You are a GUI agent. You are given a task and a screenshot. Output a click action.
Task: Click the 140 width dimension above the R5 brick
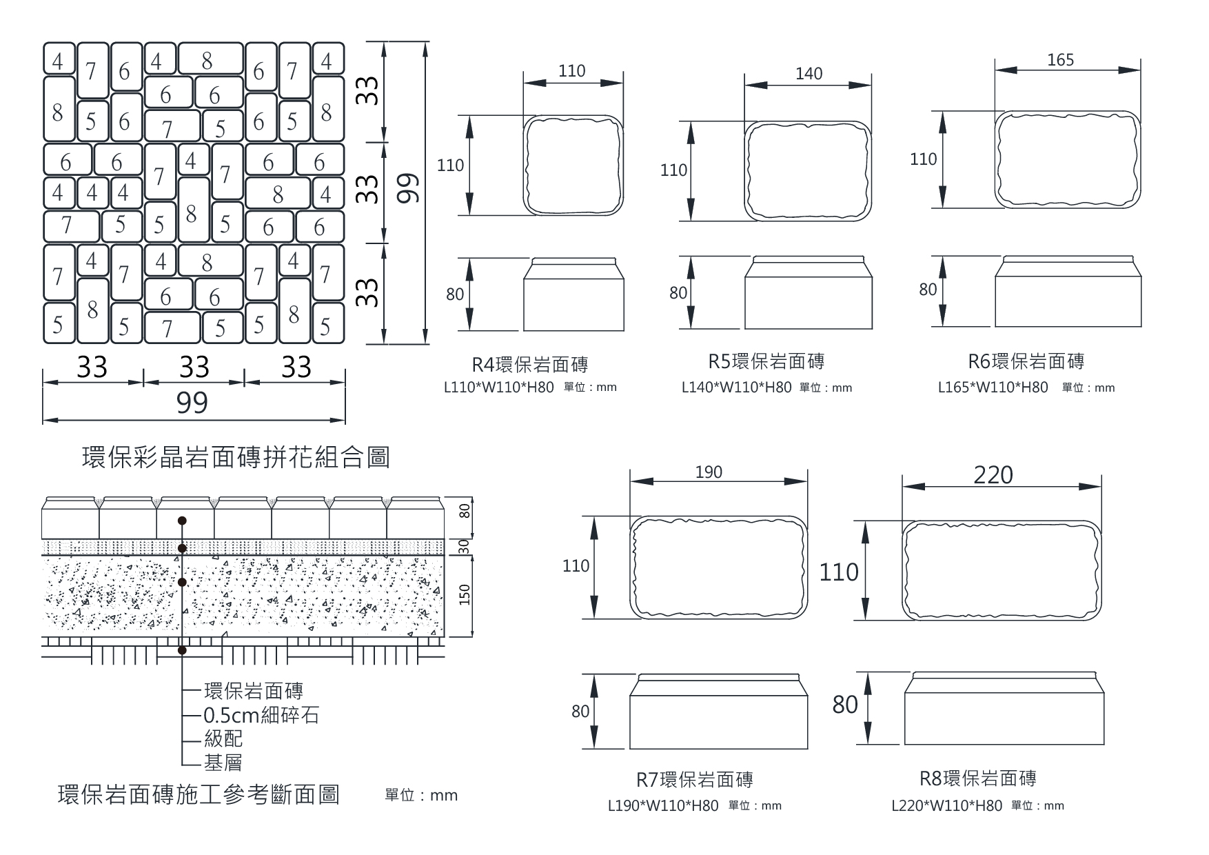coord(809,74)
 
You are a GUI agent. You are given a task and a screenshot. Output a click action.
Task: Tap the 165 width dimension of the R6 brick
coord(1060,60)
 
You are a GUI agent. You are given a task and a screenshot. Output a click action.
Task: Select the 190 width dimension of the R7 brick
coord(709,472)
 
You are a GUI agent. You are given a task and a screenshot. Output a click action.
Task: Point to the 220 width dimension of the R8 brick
coord(993,475)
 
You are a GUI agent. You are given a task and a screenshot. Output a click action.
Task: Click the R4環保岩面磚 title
coord(529,364)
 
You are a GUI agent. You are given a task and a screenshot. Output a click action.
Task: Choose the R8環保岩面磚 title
coord(978,778)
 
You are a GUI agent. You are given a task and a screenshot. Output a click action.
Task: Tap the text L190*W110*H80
coord(662,805)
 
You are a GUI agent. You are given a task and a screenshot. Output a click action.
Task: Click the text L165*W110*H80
coord(993,388)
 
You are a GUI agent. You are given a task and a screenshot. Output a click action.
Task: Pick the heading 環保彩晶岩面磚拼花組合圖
coord(236,457)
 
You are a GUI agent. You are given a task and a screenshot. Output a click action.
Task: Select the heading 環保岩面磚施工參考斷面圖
coord(199,795)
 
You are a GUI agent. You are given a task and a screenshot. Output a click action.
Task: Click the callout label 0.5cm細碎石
coord(261,715)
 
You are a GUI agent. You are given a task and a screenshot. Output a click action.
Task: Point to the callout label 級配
coord(223,739)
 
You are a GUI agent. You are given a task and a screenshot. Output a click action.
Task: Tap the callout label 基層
coord(223,763)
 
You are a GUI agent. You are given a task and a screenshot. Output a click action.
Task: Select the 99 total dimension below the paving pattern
coord(192,403)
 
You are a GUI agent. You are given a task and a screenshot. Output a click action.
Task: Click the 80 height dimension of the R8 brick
coord(844,705)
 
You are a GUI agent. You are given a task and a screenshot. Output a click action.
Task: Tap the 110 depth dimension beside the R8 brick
coord(839,572)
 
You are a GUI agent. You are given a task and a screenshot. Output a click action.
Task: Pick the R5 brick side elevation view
coord(808,292)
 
